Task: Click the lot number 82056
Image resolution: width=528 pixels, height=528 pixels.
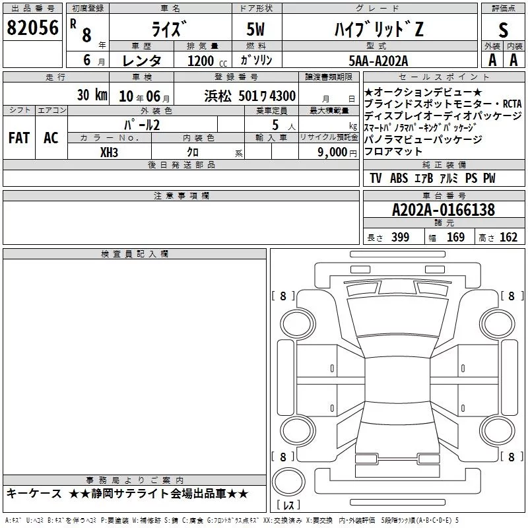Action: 32,28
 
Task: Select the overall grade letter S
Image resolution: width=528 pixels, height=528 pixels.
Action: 503,30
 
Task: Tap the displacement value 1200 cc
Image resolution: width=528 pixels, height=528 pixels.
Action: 207,61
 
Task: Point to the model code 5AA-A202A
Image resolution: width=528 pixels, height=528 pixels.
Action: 378,61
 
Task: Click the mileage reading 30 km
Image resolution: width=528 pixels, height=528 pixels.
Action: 92,95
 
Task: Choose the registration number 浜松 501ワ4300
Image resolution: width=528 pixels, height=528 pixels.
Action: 250,96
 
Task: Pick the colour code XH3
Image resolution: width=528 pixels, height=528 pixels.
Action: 109,152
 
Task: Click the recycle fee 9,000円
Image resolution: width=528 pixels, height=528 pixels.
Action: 337,152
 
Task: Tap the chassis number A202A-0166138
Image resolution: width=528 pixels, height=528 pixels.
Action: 444,210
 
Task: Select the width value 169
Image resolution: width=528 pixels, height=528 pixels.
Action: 455,237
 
